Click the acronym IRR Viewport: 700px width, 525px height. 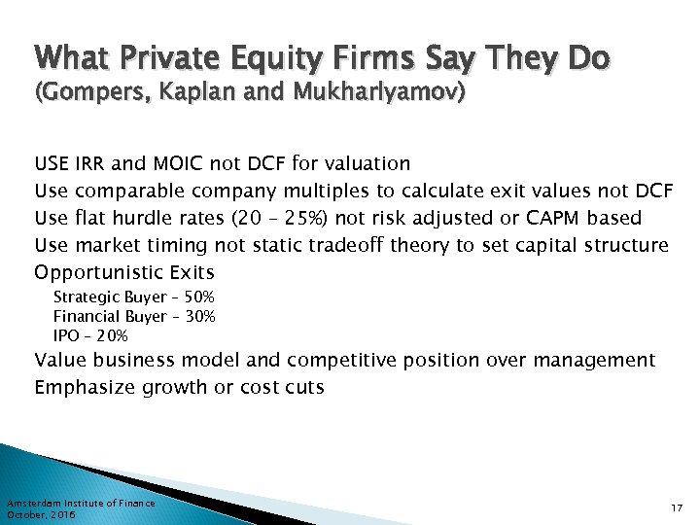pos(91,162)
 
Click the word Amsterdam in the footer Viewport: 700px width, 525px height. pos(33,503)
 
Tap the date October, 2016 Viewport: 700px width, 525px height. pos(40,514)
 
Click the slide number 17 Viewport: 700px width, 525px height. pos(677,508)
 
